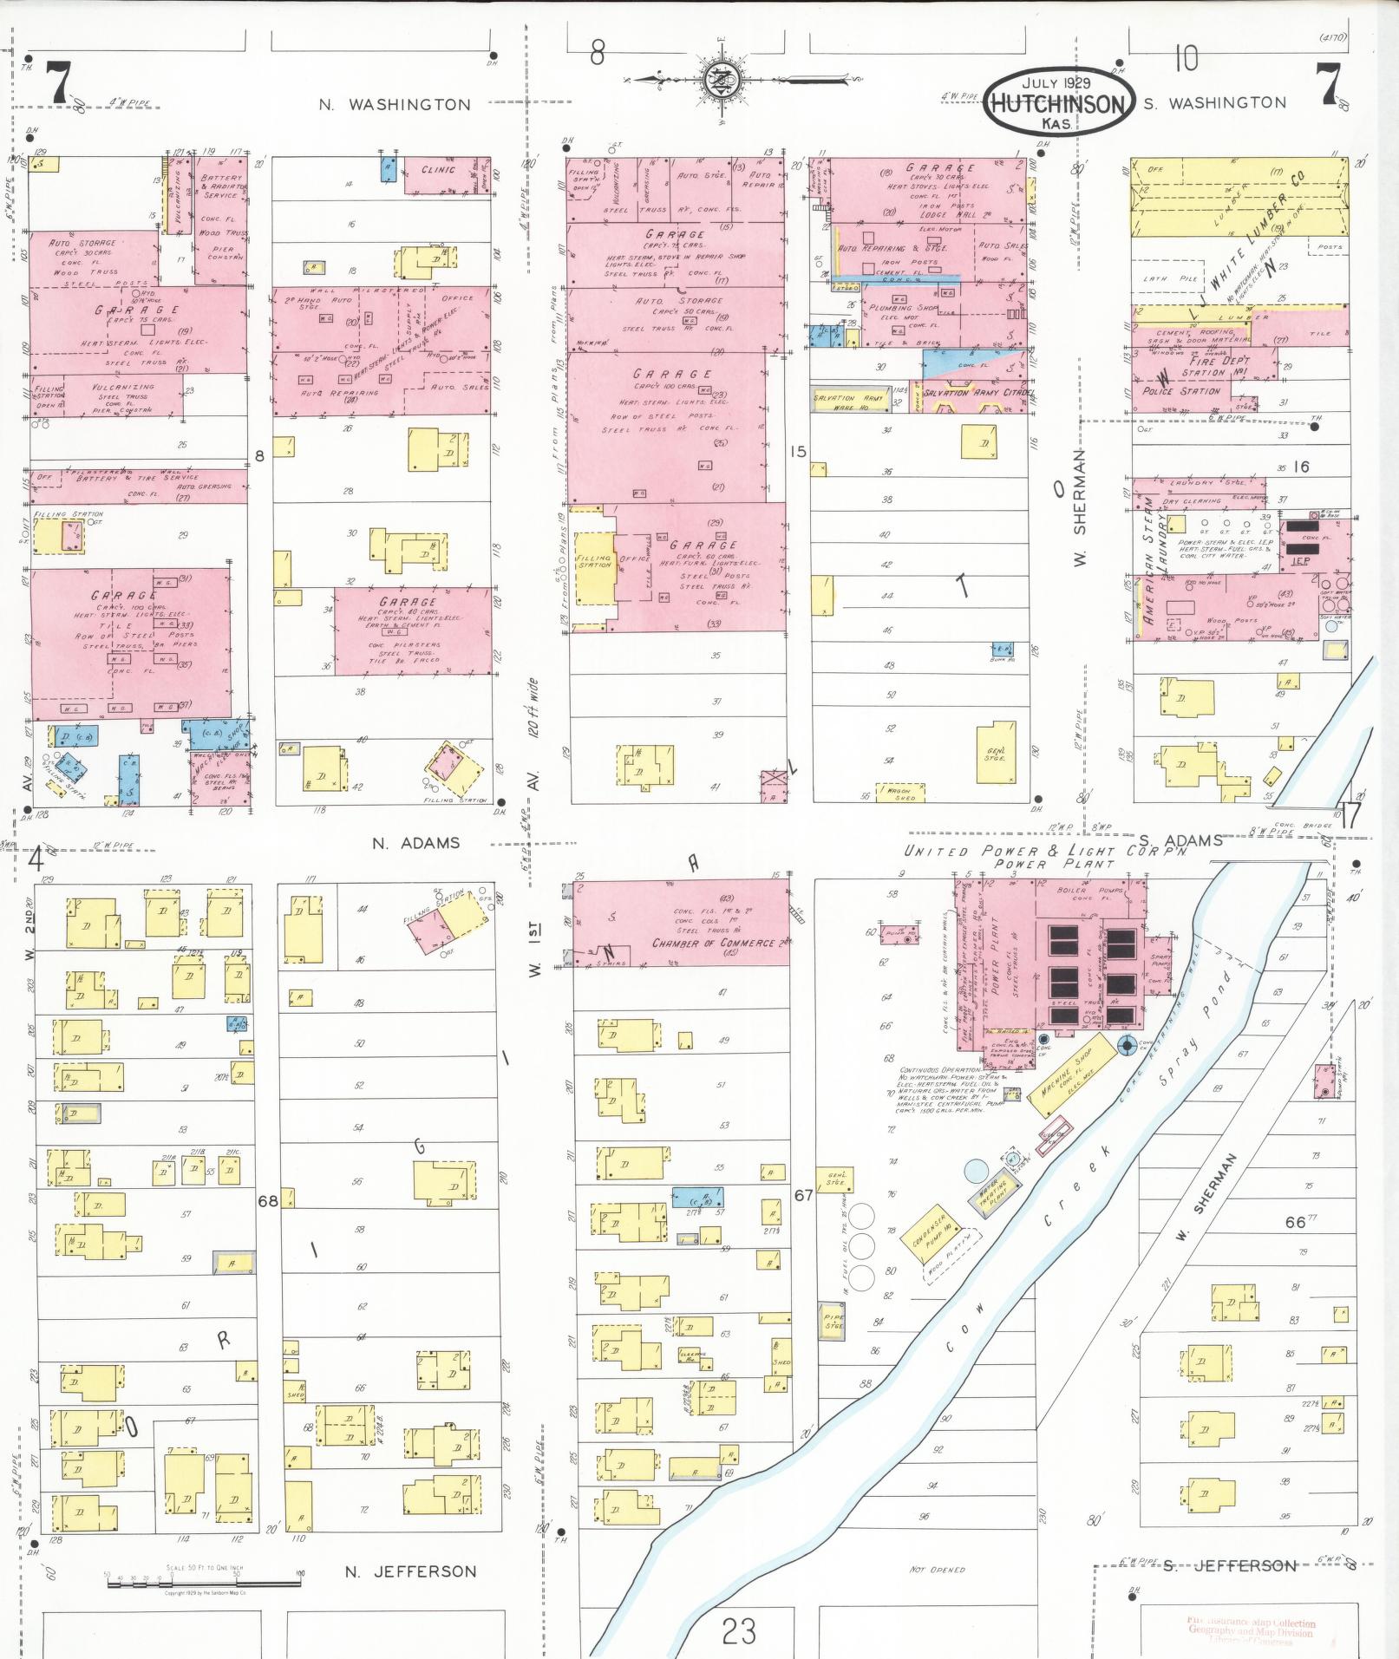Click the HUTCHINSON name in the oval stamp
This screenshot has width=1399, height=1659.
(1057, 104)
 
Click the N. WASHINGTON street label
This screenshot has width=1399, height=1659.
(395, 105)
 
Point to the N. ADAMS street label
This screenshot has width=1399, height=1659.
(416, 843)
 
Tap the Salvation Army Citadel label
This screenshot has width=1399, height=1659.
(979, 394)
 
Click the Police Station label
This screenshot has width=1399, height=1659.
(1181, 391)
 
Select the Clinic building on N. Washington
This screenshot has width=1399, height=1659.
(438, 170)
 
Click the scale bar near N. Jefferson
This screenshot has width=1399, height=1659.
(204, 1583)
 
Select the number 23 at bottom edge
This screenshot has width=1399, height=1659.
(738, 1631)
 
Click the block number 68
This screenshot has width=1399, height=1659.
(268, 1201)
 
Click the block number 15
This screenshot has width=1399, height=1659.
(798, 451)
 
